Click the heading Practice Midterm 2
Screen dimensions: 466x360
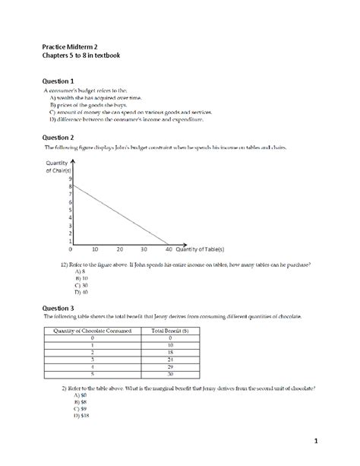[x=70, y=46]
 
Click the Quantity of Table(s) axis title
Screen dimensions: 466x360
[x=204, y=249]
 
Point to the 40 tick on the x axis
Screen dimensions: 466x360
[x=169, y=249]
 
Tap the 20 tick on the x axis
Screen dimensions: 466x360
[x=119, y=249]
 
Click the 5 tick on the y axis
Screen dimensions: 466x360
[x=69, y=216]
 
